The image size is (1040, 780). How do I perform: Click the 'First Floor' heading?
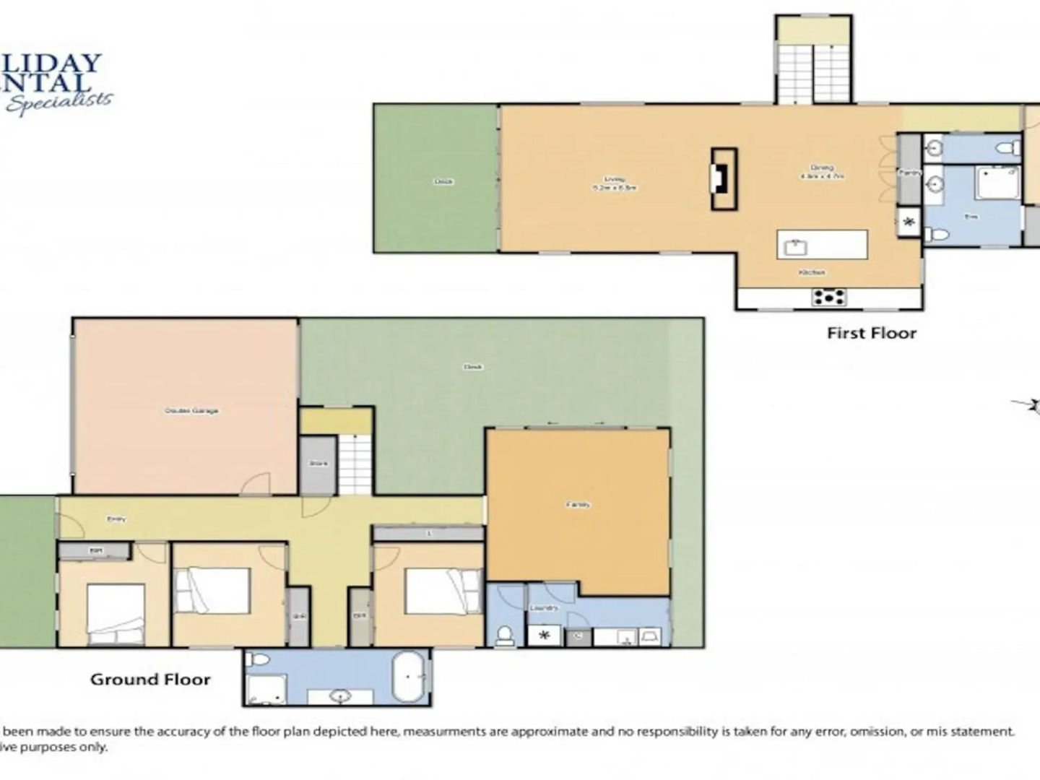tap(871, 333)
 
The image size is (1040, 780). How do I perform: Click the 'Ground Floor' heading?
tap(150, 679)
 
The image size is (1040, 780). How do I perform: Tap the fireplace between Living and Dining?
tap(724, 179)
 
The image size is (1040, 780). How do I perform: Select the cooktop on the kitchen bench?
tap(829, 297)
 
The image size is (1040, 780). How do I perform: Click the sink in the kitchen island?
tap(796, 246)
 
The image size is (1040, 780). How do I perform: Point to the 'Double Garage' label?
tap(191, 410)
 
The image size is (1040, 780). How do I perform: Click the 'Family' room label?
tap(578, 504)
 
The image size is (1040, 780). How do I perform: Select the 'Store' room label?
tap(318, 463)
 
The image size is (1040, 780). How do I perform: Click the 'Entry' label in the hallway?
tap(116, 519)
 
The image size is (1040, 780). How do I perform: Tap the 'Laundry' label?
tap(544, 608)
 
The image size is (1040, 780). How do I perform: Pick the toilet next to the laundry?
tap(505, 635)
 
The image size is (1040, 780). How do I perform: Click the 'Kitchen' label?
tap(812, 272)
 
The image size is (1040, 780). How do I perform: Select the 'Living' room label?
tap(615, 179)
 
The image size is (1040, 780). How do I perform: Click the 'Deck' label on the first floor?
tap(443, 181)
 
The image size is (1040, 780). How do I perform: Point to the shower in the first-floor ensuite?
tap(998, 182)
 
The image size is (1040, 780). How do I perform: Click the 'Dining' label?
tap(821, 168)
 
